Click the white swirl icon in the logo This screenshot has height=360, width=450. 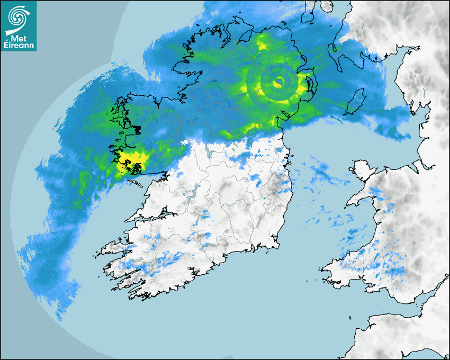(x=17, y=16)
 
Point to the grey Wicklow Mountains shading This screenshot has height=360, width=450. (x=275, y=185)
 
